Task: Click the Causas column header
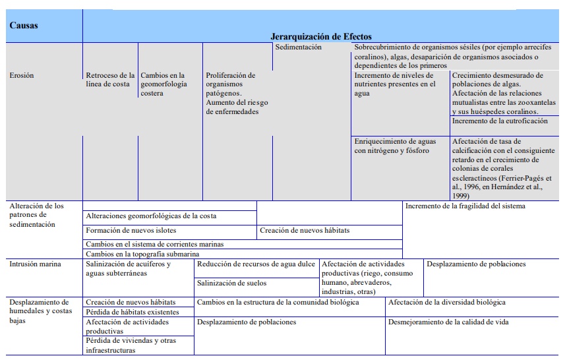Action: click(x=24, y=26)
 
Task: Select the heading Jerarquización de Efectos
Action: click(x=321, y=37)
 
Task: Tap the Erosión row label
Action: click(x=22, y=75)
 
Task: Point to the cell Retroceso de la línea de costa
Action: click(x=110, y=80)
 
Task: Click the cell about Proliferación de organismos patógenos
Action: click(x=237, y=93)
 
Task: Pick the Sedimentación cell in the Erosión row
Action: click(x=298, y=47)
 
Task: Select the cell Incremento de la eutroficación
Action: click(x=499, y=121)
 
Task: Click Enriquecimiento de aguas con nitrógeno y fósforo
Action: click(x=396, y=146)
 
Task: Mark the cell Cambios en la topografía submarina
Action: click(x=142, y=254)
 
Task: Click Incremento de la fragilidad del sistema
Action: click(x=465, y=206)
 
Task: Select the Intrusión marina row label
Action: click(x=36, y=264)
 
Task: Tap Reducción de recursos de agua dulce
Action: click(x=256, y=264)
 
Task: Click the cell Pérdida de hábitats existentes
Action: click(x=133, y=312)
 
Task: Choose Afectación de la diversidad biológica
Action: click(x=447, y=303)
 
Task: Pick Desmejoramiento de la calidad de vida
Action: click(x=448, y=322)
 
